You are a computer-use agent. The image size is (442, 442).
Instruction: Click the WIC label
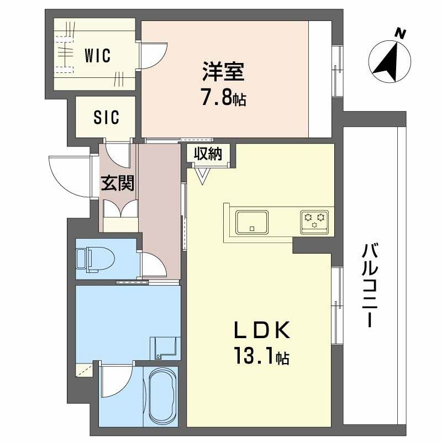(x=98, y=55)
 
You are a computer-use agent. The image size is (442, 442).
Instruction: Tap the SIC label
(x=106, y=117)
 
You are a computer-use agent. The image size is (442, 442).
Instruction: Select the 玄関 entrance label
(x=117, y=183)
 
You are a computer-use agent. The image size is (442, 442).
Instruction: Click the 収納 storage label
(x=207, y=154)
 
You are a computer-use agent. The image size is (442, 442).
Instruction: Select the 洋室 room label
(x=223, y=72)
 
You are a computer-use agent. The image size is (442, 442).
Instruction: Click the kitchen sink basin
(x=252, y=222)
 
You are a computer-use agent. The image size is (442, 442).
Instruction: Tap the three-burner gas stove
(x=314, y=219)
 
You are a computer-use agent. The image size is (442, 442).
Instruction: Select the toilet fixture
(x=93, y=259)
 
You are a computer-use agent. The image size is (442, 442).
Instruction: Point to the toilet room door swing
(x=153, y=266)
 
